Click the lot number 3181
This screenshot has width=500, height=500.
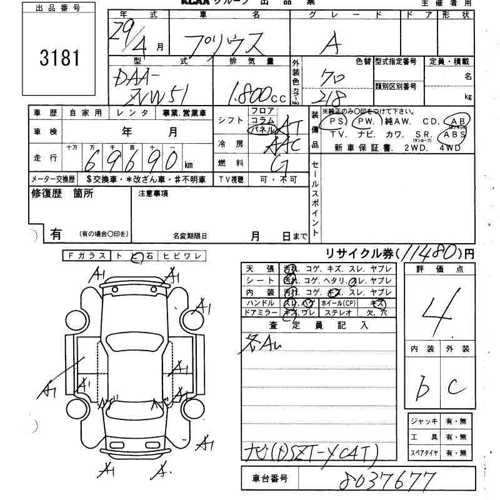click(x=60, y=57)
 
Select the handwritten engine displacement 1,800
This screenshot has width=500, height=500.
click(x=250, y=95)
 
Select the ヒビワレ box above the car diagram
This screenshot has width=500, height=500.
click(x=182, y=256)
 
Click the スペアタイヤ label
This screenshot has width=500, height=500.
click(x=423, y=452)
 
